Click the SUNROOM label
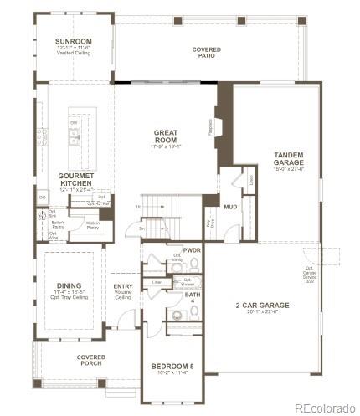coord(73,41)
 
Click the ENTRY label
coord(122,286)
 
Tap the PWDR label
coord(192,249)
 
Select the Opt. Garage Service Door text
coord(311,273)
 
